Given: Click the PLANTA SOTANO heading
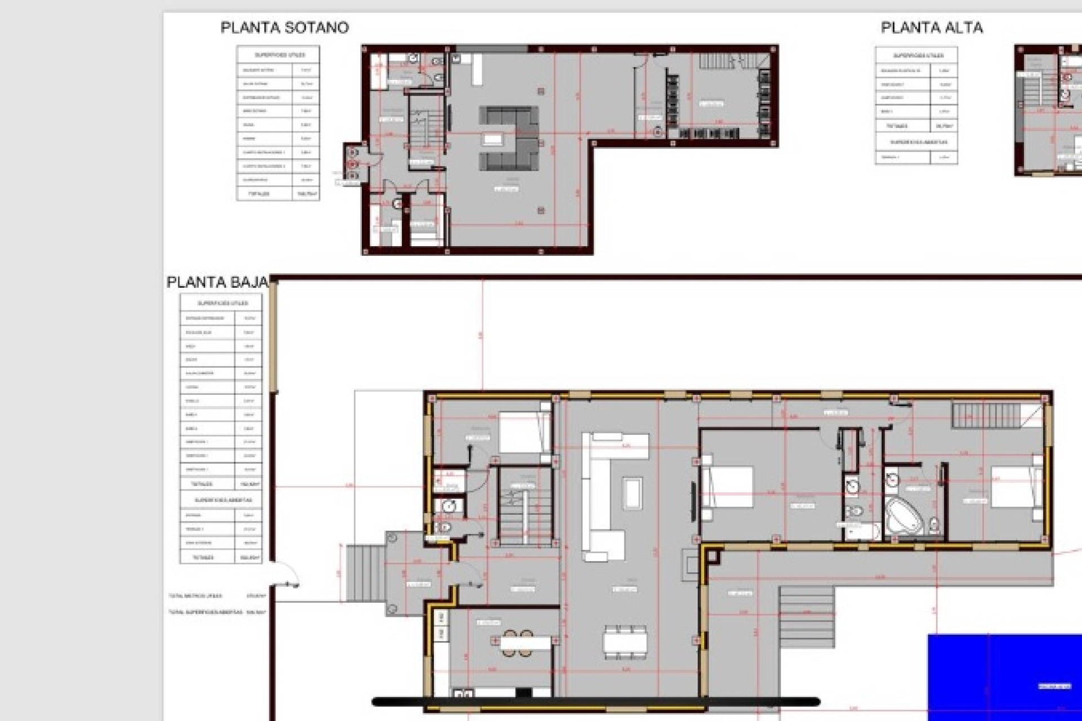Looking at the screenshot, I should tap(285, 28).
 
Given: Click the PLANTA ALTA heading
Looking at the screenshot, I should tap(932, 28).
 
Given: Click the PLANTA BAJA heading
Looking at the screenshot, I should tap(217, 282).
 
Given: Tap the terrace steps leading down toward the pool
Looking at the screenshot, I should tap(806, 616).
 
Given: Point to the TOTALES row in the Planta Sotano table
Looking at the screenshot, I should tap(278, 193).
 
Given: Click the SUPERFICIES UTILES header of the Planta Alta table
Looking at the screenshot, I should tap(917, 56).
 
